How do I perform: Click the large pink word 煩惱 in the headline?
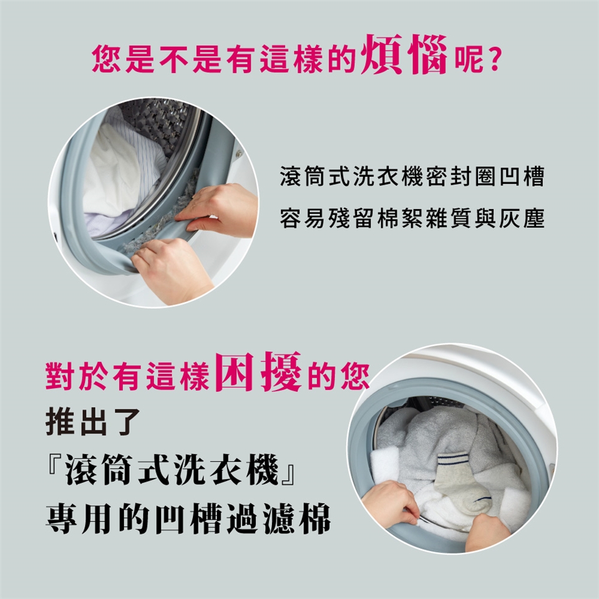point(404,55)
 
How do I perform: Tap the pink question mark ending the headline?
point(494,60)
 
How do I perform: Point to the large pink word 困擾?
point(259,372)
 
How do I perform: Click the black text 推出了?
point(93,422)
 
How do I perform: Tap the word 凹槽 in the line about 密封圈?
point(521,177)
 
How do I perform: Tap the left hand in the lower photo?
point(389,504)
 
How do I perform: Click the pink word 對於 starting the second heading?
point(75,376)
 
